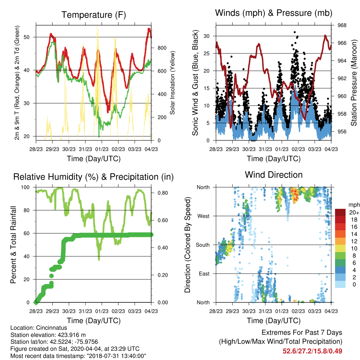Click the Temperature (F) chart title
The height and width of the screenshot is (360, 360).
(x=94, y=15)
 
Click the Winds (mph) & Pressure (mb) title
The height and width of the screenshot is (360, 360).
(x=274, y=13)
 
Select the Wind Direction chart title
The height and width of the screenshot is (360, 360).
(x=274, y=175)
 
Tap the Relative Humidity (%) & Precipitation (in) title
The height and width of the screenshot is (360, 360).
(x=94, y=177)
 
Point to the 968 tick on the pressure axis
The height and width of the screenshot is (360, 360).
(x=342, y=25)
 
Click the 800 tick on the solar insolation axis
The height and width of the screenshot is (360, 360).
(x=162, y=48)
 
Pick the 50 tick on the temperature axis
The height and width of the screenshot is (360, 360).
(x=27, y=37)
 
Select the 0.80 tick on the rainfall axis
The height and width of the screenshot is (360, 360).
(x=162, y=193)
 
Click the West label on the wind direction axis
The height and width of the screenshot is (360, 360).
(x=204, y=216)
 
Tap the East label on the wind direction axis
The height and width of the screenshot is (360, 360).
(x=204, y=274)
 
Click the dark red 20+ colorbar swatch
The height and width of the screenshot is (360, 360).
(x=340, y=212)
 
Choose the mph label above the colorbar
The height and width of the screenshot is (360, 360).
(x=354, y=205)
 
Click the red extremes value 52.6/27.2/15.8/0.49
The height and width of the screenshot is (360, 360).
(x=312, y=351)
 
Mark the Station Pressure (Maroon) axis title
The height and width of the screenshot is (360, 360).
(x=354, y=83)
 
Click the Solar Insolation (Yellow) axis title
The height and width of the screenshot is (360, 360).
(x=172, y=83)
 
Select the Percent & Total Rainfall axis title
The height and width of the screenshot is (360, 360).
(x=13, y=245)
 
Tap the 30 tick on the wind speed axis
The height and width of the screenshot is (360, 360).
(x=206, y=36)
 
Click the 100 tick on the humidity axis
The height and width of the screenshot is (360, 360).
(x=25, y=187)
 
